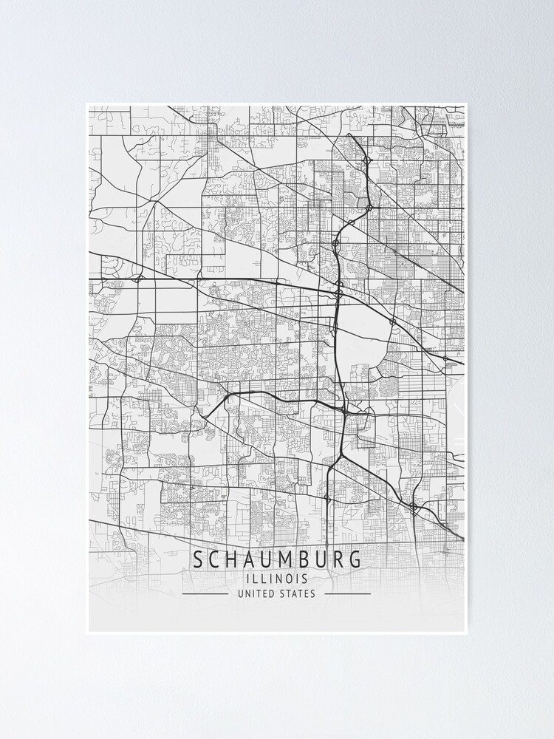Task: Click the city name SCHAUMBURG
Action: click(277, 559)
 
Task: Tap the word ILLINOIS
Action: click(277, 579)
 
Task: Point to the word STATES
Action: click(297, 593)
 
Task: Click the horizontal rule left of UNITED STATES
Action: click(205, 593)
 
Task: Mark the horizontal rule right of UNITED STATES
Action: click(347, 593)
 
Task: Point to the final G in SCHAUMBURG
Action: click(355, 559)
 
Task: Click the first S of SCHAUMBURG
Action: click(199, 559)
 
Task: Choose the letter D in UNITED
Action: click(273, 593)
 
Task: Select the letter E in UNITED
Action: click(266, 593)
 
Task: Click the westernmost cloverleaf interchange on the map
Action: click(138, 279)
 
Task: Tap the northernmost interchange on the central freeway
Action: click(367, 160)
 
